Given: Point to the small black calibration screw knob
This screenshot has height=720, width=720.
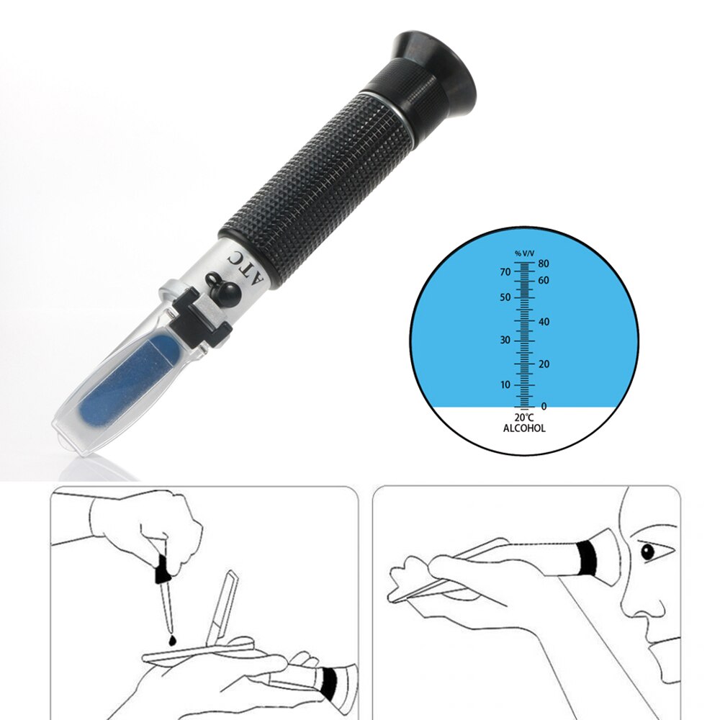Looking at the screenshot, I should point(224,288).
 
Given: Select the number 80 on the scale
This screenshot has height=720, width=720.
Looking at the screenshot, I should point(544,264).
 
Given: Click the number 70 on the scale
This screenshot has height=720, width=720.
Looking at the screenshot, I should point(505,271).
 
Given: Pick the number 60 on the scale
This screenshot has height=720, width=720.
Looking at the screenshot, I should point(544,281).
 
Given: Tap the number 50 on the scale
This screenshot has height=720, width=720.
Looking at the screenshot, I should point(505,297).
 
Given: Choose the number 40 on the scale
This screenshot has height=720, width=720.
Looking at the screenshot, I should point(544,322).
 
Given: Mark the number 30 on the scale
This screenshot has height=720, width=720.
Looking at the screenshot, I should point(505,340).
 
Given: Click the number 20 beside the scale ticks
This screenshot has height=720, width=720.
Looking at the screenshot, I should point(544,364).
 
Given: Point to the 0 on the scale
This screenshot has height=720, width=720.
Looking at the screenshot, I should point(544,407).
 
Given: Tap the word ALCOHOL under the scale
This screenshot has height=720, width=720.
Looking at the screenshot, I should point(524,428).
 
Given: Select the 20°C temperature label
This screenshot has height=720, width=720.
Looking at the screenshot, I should point(524,418).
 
